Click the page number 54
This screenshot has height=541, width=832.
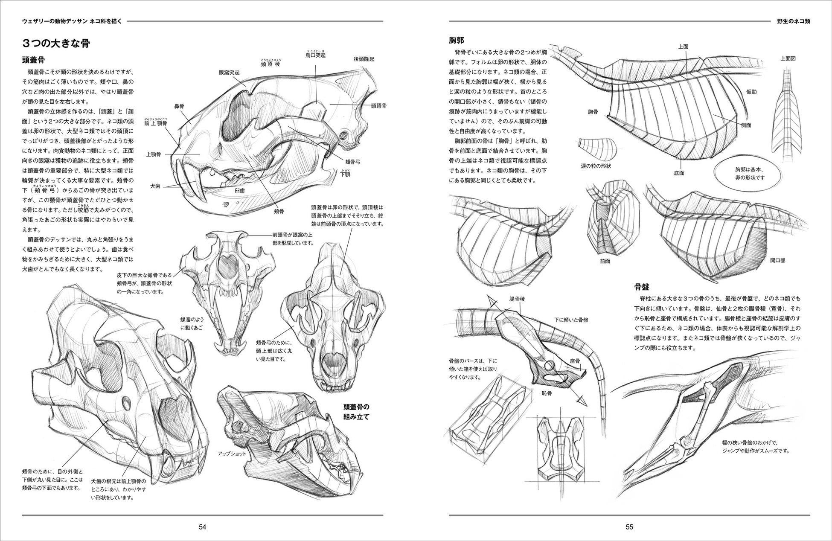point(203,527)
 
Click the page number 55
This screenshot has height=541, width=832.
point(629,527)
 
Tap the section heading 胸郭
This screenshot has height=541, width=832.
point(457,41)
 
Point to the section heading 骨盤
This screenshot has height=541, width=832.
point(641,286)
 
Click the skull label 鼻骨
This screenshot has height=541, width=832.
point(179,106)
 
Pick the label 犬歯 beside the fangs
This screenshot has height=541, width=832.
point(155,187)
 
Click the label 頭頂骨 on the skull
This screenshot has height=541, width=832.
point(378,105)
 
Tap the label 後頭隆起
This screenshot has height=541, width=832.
point(364,59)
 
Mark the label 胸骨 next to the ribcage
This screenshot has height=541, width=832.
point(593,112)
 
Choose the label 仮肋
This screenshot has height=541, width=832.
point(751,91)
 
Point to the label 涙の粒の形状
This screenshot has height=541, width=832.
point(596,166)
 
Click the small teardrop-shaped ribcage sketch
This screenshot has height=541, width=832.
point(596,148)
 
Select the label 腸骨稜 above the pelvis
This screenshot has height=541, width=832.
point(517,299)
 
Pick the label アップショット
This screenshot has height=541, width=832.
point(232,454)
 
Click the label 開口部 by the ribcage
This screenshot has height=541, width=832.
point(778,260)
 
